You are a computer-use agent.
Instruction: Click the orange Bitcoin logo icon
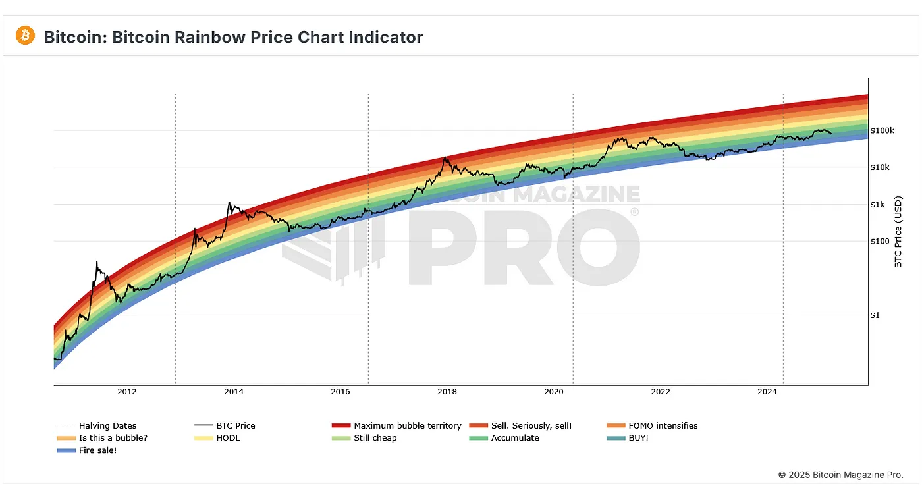click(x=26, y=36)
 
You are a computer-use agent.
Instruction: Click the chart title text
click(x=233, y=37)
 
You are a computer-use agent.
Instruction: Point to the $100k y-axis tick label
click(x=882, y=130)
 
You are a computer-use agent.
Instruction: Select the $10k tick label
click(x=880, y=167)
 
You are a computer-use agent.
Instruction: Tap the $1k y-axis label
click(x=878, y=204)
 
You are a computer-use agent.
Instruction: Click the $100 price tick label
click(x=880, y=241)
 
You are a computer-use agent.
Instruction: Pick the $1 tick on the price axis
click(x=875, y=315)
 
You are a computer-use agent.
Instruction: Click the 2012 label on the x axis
click(x=126, y=392)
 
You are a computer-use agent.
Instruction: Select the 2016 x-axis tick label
click(x=340, y=392)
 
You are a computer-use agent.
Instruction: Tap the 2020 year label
click(x=553, y=392)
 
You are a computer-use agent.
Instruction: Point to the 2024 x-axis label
click(x=767, y=392)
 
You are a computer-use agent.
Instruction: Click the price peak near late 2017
click(x=446, y=157)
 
